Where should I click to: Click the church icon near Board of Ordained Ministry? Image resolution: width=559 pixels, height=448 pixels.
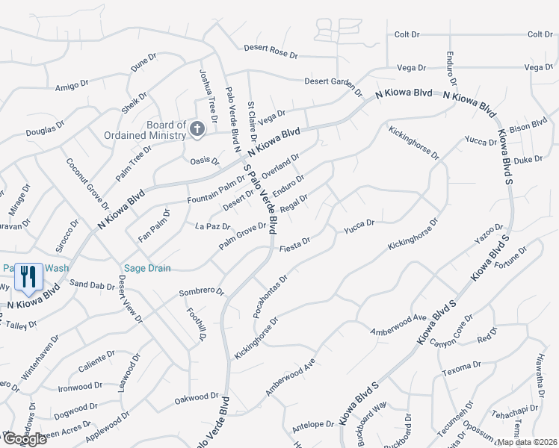pos(197,130)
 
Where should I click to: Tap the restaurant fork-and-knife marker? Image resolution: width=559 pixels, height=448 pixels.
pos(28,277)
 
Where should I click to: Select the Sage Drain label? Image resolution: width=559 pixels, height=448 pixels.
pos(148,268)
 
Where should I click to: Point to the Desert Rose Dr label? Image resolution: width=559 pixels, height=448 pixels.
pos(271,52)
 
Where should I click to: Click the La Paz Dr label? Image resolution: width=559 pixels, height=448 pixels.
pos(213,225)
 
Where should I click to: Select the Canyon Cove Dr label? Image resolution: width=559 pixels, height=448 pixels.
pos(451,332)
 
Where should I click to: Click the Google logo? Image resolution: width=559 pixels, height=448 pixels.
pos(24,439)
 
